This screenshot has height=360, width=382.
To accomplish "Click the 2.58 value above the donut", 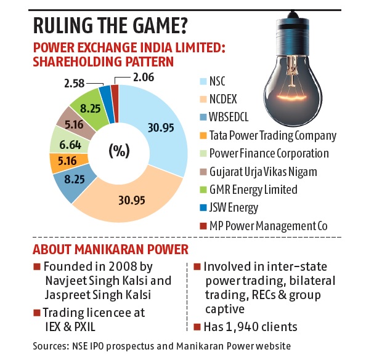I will click(74, 82).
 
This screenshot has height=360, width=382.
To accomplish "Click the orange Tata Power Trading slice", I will click(62, 163).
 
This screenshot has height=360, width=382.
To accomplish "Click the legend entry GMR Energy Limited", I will click(253, 190).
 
